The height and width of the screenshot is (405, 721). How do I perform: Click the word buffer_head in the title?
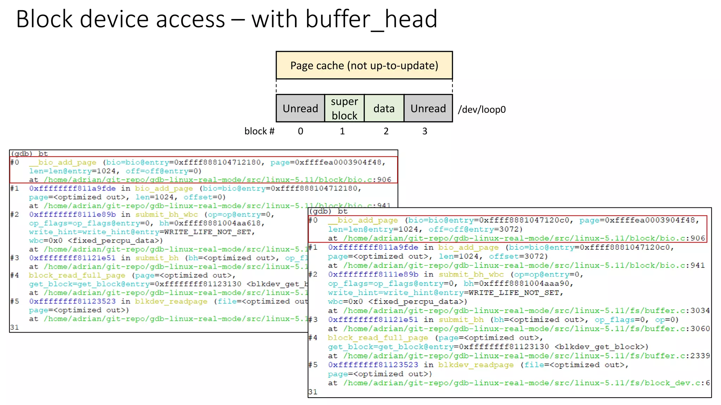click(x=371, y=19)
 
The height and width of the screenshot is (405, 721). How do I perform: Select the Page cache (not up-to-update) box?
click(x=364, y=65)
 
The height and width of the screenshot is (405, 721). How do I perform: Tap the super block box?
click(x=344, y=108)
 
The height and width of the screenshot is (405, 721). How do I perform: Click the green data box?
click(x=384, y=108)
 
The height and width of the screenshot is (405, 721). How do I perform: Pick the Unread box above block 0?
click(x=300, y=108)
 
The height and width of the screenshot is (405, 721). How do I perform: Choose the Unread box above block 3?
click(x=428, y=108)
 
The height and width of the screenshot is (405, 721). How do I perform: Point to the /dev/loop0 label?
click(x=482, y=110)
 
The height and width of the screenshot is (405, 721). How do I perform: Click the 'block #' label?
click(x=259, y=131)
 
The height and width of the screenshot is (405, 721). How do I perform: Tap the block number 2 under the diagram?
click(x=386, y=131)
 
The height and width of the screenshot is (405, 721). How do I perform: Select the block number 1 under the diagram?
click(x=342, y=131)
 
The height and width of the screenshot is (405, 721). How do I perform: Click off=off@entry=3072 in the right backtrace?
click(x=475, y=229)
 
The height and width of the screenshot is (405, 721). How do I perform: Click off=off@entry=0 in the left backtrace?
click(x=163, y=171)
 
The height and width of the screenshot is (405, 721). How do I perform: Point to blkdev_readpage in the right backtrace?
click(x=476, y=365)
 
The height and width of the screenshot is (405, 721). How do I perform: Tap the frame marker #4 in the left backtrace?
click(x=14, y=275)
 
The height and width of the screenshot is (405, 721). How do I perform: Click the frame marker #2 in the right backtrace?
click(x=313, y=274)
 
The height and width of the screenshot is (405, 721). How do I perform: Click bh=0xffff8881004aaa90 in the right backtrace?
click(x=518, y=283)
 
